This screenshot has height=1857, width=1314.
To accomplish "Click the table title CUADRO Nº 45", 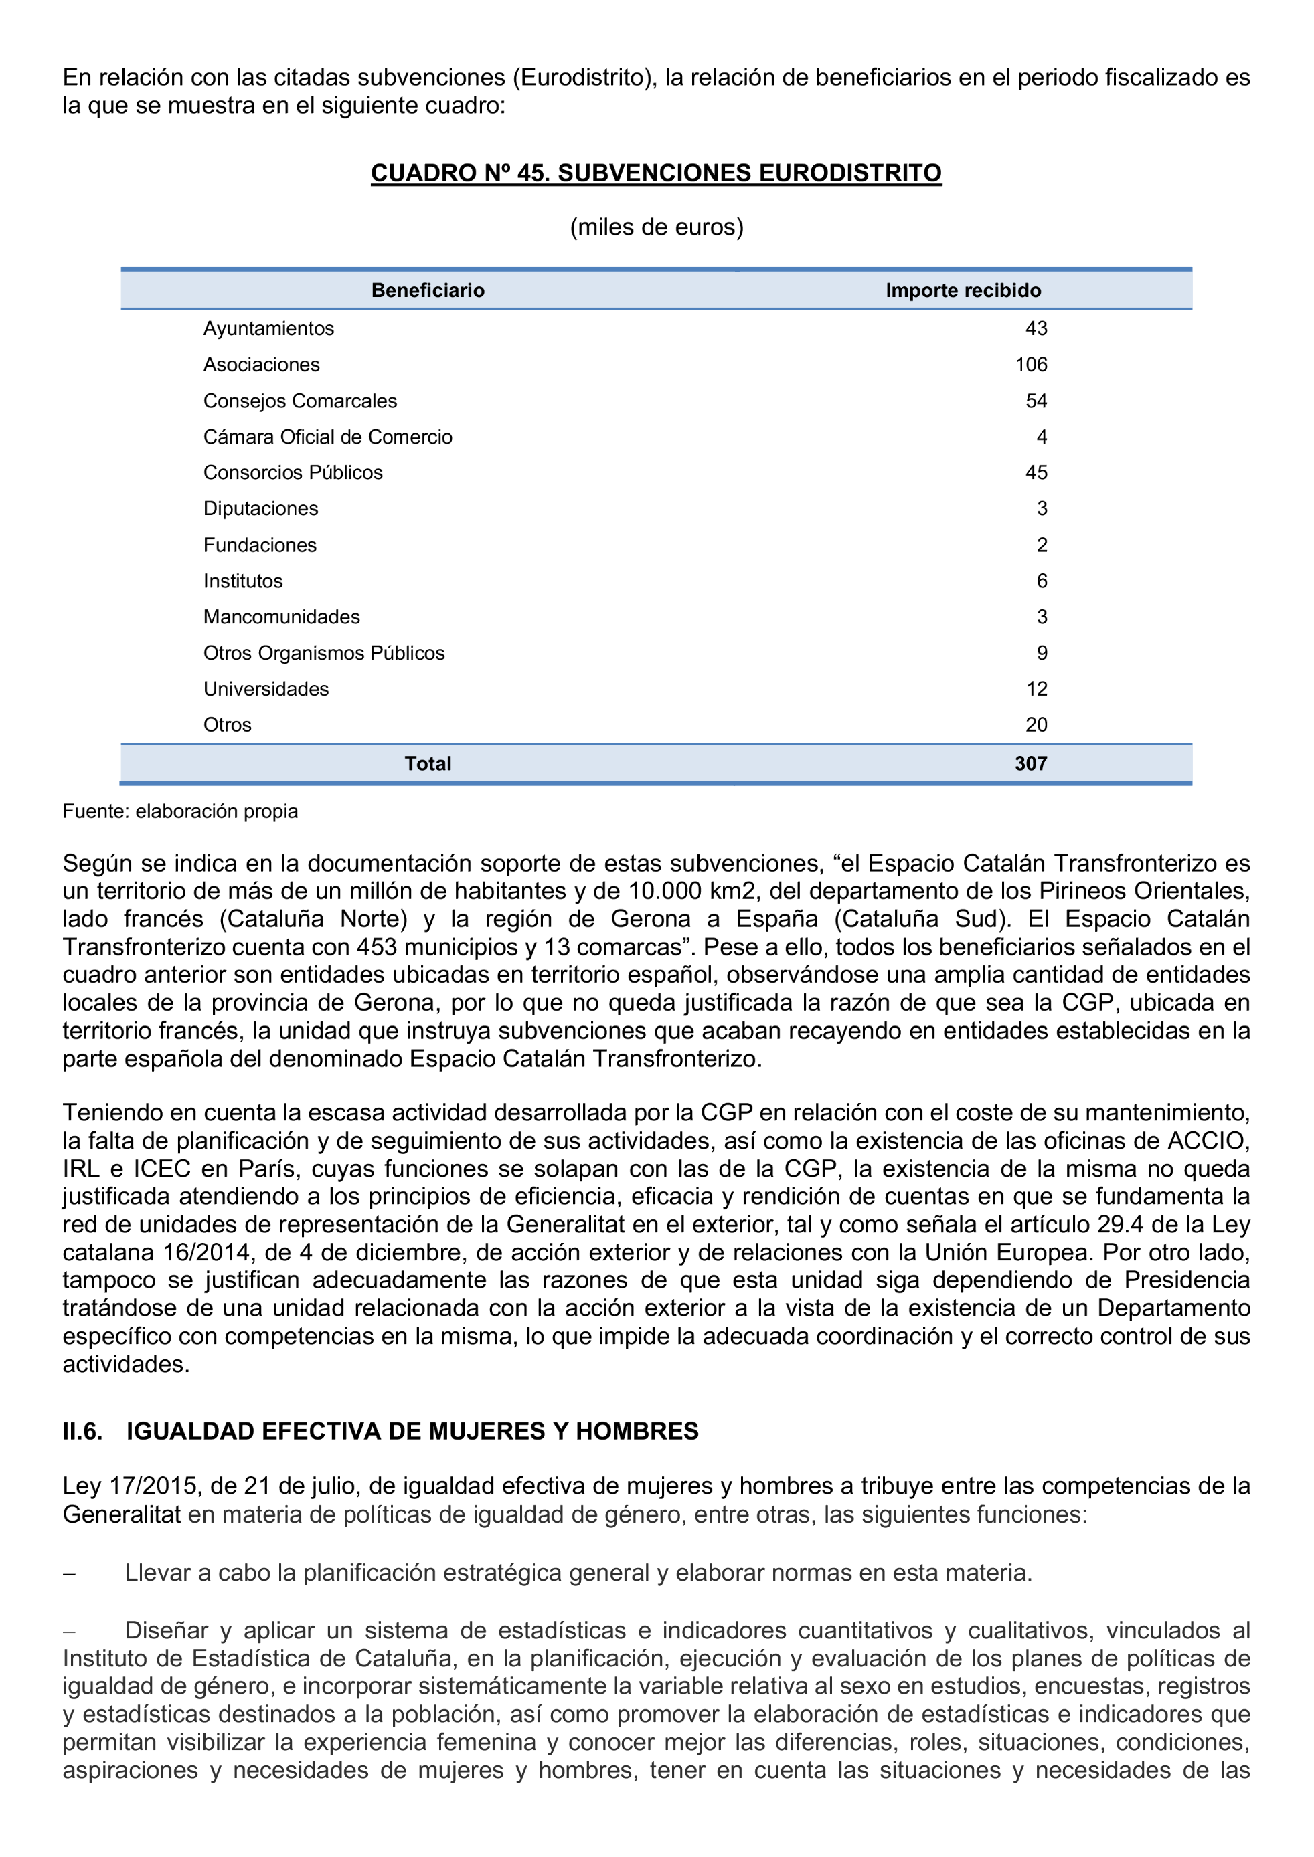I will coord(656,173).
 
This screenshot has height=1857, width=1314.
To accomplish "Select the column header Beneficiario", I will coord(427,290).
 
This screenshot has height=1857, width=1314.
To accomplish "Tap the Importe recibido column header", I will coord(963,290).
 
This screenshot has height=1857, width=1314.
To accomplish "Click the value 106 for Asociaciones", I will coord(1031,365).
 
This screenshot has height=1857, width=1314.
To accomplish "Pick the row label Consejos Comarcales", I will coord(300,401).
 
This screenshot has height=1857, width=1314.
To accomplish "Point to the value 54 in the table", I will coord(1036,401).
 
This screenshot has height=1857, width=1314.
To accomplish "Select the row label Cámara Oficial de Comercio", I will coord(328,437).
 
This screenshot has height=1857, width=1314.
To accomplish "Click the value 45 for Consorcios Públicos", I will coord(1036,472).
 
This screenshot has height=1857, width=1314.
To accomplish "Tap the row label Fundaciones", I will coord(260,545).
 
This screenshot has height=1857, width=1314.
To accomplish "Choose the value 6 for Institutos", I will coord(1042,581).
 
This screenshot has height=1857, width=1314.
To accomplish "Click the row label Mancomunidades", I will coord(282,617).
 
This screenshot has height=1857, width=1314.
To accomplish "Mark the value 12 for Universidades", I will coord(1036,689).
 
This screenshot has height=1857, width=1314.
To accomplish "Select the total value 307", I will coord(1031,763).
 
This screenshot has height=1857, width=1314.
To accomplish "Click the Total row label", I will coord(427,763).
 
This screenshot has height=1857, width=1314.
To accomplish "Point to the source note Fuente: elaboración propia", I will coord(181,811).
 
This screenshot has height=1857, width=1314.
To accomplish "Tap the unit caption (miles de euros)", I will coord(656,227).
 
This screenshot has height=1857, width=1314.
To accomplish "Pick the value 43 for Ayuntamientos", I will coord(1036,328).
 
